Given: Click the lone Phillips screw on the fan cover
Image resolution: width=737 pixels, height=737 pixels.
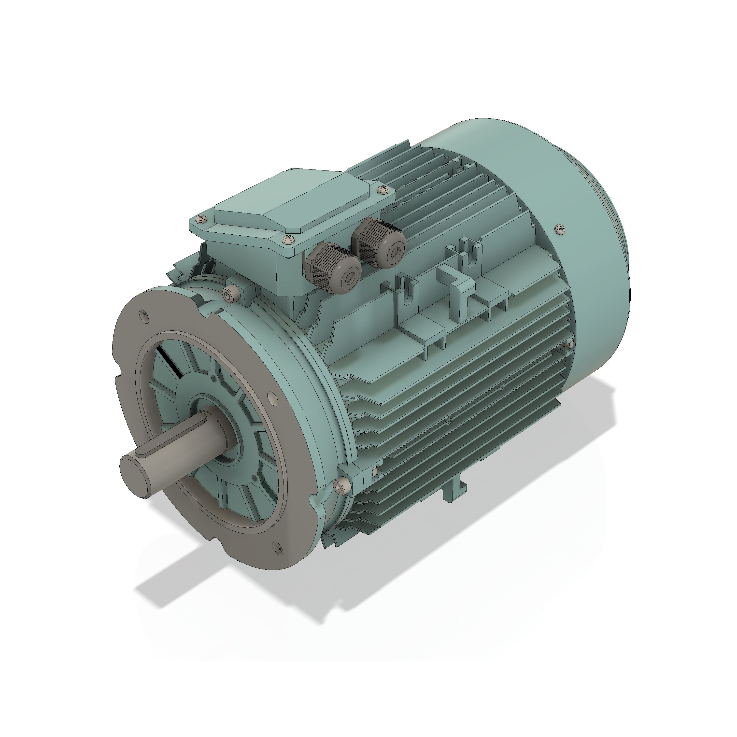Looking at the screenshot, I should click(x=560, y=229).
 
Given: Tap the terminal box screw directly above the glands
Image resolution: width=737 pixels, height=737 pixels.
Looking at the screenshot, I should click(x=288, y=240).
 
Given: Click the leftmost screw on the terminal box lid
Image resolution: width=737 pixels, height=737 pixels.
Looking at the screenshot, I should click(x=201, y=219).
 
